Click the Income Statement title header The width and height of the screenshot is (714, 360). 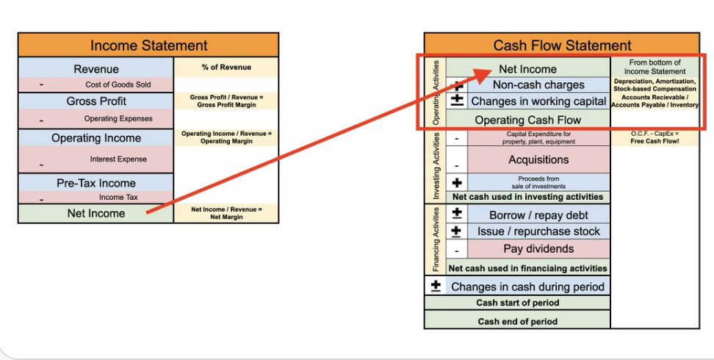click(x=148, y=46)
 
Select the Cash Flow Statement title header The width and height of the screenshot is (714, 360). click(x=562, y=46)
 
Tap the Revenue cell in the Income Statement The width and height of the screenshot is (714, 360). click(x=95, y=69)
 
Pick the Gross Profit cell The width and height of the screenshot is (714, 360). click(x=95, y=101)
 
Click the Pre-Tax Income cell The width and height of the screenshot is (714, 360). click(x=95, y=183)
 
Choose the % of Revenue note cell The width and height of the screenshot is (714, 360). click(x=226, y=68)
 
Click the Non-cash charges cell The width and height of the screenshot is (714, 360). click(x=538, y=84)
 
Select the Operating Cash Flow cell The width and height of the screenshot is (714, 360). click(x=527, y=120)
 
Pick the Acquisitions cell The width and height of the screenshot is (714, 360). click(x=538, y=159)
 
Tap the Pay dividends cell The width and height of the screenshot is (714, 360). click(x=538, y=249)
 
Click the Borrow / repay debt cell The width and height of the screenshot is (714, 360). click(x=538, y=215)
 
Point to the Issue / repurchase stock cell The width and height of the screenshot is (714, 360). click(x=538, y=231)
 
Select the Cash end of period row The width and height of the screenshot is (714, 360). click(x=517, y=321)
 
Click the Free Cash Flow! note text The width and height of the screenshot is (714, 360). click(x=654, y=141)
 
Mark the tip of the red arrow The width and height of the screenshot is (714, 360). click(x=493, y=71)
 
